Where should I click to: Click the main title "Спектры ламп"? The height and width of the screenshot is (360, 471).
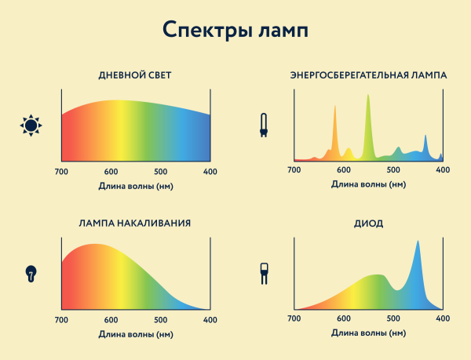pos(235,30)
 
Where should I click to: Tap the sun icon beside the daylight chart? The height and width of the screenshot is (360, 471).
pos(31,124)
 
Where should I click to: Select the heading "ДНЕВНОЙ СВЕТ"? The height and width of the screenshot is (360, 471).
pos(135,75)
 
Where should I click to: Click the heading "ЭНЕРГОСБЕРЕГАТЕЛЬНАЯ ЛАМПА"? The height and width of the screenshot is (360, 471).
pos(368,75)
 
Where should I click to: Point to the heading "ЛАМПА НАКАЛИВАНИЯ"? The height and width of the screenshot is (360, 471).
pos(135,223)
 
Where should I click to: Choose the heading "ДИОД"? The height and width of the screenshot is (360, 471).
pos(368,224)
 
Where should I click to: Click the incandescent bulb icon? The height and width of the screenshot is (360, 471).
pos(31,273)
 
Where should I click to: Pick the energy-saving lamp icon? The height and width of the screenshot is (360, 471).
pos(264,125)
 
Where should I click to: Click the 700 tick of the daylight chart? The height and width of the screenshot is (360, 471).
pos(61,172)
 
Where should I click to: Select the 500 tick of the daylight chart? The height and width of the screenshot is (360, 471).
pos(161,172)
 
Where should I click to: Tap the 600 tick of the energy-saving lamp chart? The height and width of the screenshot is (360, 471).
pos(343,169)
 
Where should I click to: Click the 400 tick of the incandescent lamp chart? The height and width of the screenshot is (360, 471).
pos(210,320)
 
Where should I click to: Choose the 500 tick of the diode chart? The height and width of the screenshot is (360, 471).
pos(392,318)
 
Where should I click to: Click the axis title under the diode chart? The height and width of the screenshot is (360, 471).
pos(368,333)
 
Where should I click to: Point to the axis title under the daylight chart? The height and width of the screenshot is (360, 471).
pos(136,186)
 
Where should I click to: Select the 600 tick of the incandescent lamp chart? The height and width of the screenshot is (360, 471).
pos(111,320)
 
